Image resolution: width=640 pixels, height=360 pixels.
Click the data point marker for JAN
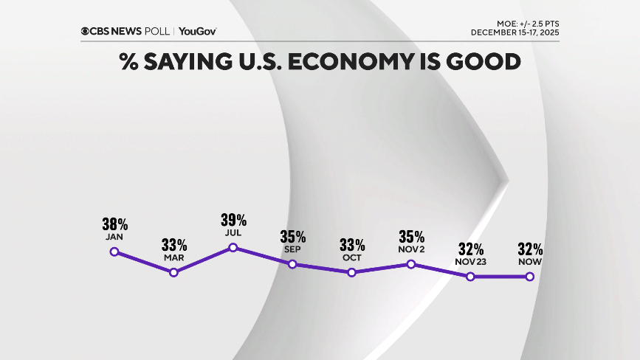pyautogui.click(x=114, y=252)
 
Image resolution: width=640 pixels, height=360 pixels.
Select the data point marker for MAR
pyautogui.click(x=173, y=272)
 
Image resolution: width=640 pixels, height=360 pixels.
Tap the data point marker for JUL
pyautogui.click(x=233, y=247)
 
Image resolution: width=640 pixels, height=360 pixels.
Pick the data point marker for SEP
pyautogui.click(x=292, y=264)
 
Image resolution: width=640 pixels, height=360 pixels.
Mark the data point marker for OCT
pyautogui.click(x=351, y=272)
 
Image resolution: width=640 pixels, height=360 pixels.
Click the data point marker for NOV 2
pyautogui.click(x=411, y=264)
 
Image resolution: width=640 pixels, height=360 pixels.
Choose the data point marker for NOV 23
pyautogui.click(x=470, y=277)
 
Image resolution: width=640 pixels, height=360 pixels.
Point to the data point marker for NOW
pyautogui.click(x=529, y=277)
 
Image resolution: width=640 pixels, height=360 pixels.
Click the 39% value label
pyautogui.click(x=233, y=220)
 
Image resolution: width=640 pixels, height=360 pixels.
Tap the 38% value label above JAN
pyautogui.click(x=115, y=224)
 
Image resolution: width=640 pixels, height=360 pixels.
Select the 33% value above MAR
pyautogui.click(x=174, y=245)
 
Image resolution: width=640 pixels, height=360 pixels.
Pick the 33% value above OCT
pyautogui.click(x=352, y=245)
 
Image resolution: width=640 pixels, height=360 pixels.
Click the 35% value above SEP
pyautogui.click(x=293, y=237)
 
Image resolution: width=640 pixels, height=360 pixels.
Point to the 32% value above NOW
pyautogui.click(x=530, y=249)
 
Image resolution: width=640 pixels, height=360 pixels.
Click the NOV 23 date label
pyautogui.click(x=470, y=262)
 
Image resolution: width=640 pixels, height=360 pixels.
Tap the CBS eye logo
pyautogui.click(x=86, y=31)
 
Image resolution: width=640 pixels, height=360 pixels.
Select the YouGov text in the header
pyautogui.click(x=198, y=31)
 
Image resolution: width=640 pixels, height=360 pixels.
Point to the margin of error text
pyautogui.click(x=527, y=24)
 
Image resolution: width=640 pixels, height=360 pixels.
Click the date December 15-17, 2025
pyautogui.click(x=515, y=32)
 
